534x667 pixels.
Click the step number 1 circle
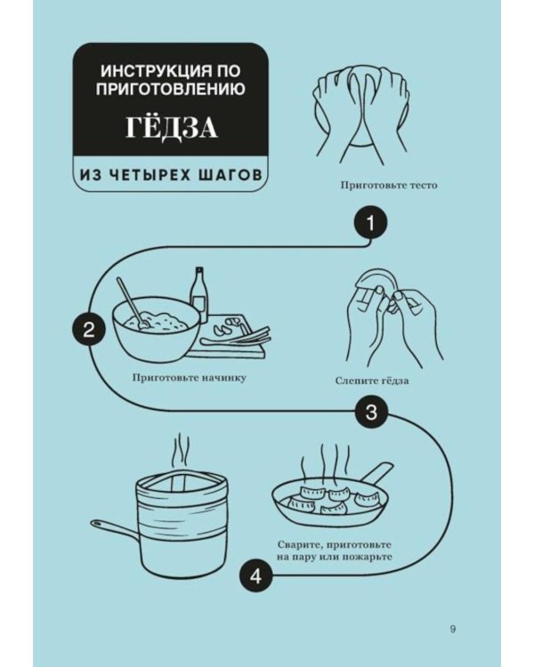371,223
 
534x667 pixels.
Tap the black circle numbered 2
89,330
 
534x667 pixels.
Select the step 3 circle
371,412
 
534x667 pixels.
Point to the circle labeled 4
255,577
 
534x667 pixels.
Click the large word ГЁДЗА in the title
171,127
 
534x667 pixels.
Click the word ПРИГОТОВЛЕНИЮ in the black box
170,89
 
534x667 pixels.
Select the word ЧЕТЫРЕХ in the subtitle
150,174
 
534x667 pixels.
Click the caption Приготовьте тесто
389,186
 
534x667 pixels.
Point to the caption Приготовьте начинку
189,378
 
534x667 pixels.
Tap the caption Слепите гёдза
372,381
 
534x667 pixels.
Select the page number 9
453,629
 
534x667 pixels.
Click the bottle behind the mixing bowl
198,294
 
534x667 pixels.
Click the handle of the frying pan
376,474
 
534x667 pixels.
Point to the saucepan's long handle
114,527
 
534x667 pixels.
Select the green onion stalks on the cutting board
236,337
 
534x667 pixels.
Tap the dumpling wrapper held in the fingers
376,285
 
